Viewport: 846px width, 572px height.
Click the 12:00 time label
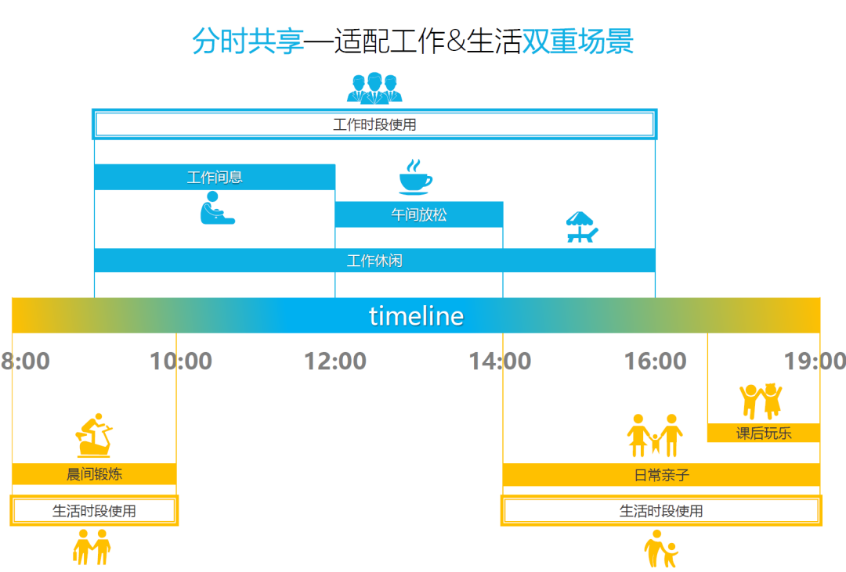tap(335, 362)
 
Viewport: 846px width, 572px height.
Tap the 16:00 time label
tap(655, 362)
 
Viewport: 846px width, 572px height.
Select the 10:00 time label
tap(181, 362)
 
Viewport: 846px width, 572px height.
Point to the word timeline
tap(416, 316)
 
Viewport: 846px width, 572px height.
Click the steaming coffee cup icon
tap(415, 177)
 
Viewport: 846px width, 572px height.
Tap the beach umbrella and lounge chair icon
tap(581, 227)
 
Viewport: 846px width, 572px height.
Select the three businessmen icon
tap(374, 88)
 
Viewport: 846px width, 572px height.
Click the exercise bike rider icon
tap(95, 435)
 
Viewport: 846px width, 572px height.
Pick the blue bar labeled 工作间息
tap(215, 178)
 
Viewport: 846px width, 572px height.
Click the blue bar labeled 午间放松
tap(419, 214)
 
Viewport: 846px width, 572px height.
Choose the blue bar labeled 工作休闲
tap(374, 261)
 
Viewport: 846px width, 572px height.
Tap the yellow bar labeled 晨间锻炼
tap(95, 474)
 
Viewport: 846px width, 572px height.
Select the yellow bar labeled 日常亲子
tap(661, 474)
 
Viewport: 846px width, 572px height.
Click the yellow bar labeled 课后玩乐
tap(764, 433)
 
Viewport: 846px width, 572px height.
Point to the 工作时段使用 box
tap(374, 124)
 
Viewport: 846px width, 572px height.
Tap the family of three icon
tap(655, 436)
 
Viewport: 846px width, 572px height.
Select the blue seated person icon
tap(217, 208)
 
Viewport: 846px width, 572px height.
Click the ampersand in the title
tap(456, 41)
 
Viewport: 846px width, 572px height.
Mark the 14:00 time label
tap(500, 362)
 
